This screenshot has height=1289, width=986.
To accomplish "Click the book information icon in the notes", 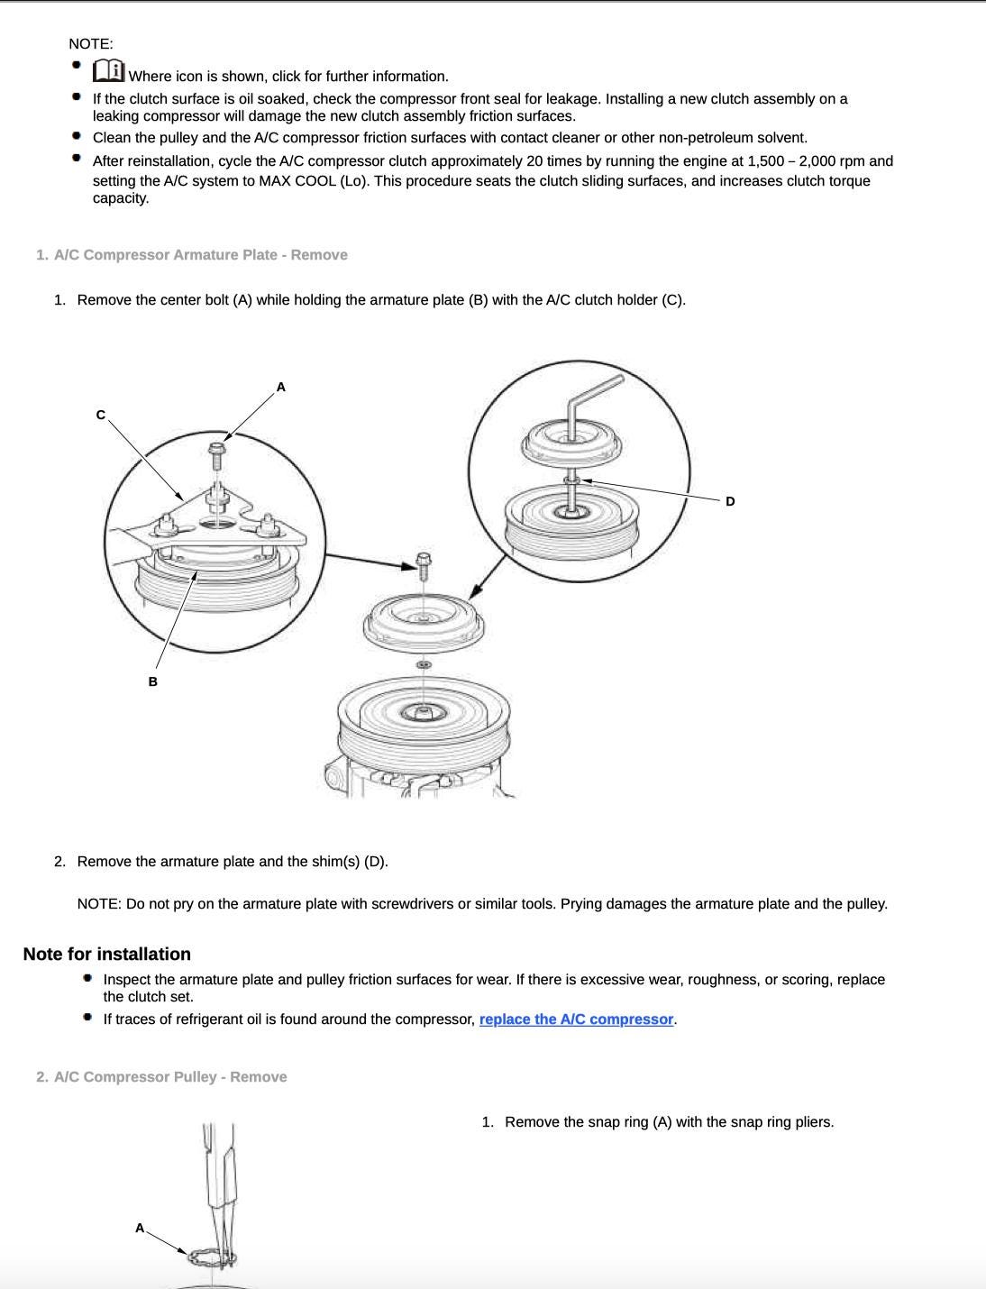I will pyautogui.click(x=108, y=70).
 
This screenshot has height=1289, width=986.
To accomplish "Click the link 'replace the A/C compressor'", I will pyautogui.click(x=576, y=1019).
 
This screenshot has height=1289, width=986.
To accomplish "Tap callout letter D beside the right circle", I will pyautogui.click(x=730, y=501).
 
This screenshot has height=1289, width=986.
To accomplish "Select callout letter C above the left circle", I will pyautogui.click(x=101, y=415).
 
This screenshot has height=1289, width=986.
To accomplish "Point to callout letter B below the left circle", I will pyautogui.click(x=152, y=681).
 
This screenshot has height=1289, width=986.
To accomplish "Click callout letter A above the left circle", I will pyautogui.click(x=280, y=387).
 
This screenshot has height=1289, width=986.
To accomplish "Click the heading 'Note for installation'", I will pyautogui.click(x=107, y=954).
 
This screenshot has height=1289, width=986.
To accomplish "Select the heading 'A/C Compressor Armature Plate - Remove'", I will pyautogui.click(x=200, y=255).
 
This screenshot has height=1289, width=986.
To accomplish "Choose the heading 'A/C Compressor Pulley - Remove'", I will pyautogui.click(x=170, y=1077).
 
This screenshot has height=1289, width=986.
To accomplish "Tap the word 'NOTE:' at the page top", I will pyautogui.click(x=91, y=43).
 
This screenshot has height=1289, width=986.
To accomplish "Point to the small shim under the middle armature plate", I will pyautogui.click(x=423, y=665).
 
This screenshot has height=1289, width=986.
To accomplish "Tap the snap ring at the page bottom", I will pyautogui.click(x=213, y=1256).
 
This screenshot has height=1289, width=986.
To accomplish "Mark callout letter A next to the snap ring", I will pyautogui.click(x=140, y=1228).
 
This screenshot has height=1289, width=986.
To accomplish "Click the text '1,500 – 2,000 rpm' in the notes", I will pyautogui.click(x=806, y=161).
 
